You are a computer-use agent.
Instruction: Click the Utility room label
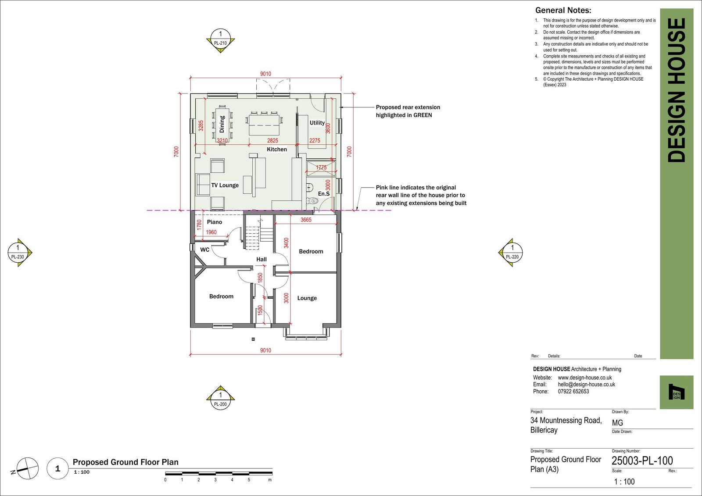point(317,123)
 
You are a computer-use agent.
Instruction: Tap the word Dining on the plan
point(222,124)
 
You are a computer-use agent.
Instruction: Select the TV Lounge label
point(225,185)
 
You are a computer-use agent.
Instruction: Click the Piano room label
point(215,222)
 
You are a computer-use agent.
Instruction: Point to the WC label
point(204,250)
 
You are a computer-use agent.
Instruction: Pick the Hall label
point(261,259)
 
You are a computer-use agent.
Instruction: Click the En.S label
point(324,194)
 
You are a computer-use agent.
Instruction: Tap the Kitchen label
point(277,149)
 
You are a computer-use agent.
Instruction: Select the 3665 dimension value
point(306,220)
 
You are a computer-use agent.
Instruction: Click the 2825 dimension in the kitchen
point(272,140)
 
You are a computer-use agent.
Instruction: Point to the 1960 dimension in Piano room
point(211,232)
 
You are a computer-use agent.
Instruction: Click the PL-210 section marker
point(220,40)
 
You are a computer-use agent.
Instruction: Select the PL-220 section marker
point(511,253)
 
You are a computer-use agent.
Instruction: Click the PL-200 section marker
point(220,397)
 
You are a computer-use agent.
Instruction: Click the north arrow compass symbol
point(27,468)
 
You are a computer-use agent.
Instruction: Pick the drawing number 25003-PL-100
point(642,460)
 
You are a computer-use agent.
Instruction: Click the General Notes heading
point(563,11)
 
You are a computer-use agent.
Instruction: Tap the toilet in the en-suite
point(312,200)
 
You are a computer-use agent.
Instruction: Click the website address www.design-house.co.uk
point(585,378)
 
